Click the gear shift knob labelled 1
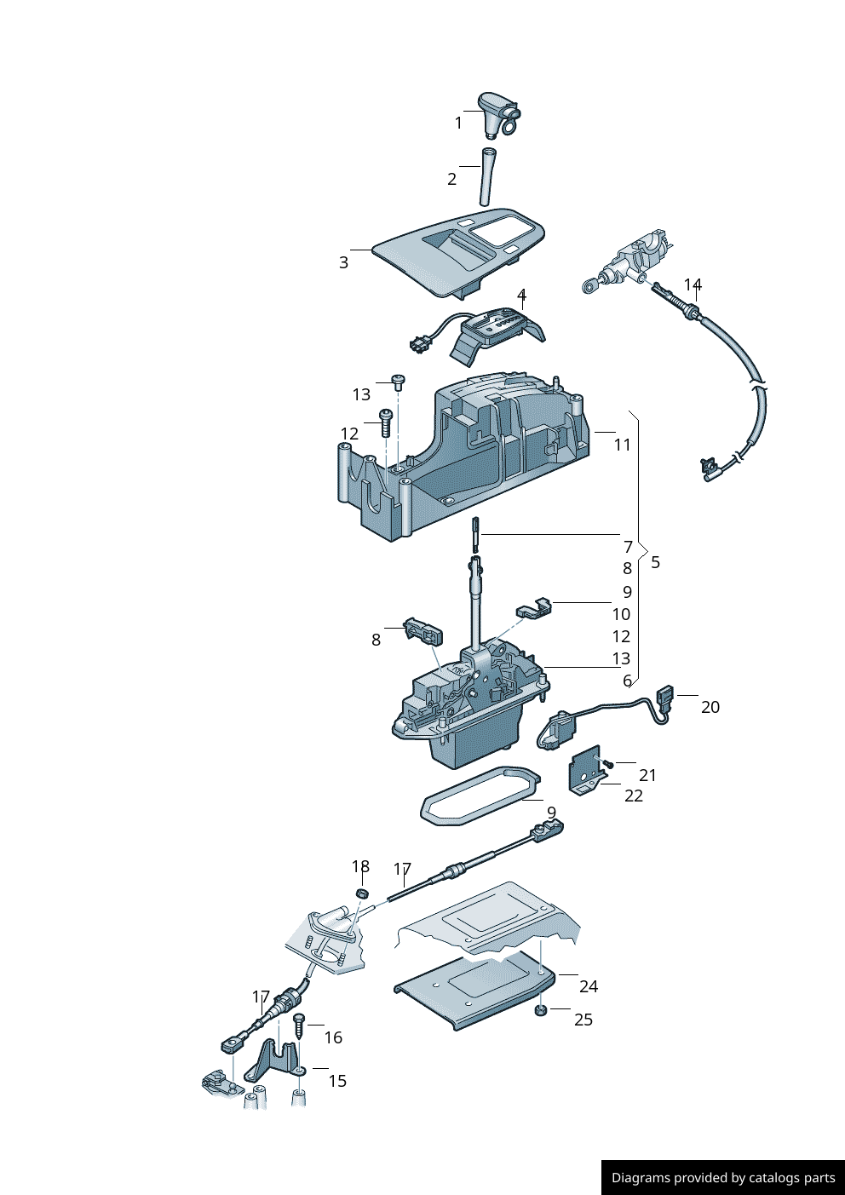[x=496, y=114]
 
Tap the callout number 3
[x=343, y=262]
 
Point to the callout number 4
[x=521, y=295]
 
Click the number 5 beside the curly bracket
[x=655, y=562]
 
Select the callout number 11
[x=623, y=445]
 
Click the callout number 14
[x=693, y=284]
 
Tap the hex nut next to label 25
[x=540, y=1010]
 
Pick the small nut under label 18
[x=361, y=893]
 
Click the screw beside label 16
[x=298, y=1024]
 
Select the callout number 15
[x=337, y=1081]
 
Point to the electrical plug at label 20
[x=664, y=698]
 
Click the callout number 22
[x=634, y=796]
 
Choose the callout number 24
[x=589, y=986]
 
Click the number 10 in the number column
[x=621, y=614]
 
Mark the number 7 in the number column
[x=628, y=547]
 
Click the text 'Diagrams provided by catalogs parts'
[x=723, y=1178]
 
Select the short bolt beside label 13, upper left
[x=397, y=381]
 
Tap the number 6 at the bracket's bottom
[x=627, y=681]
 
